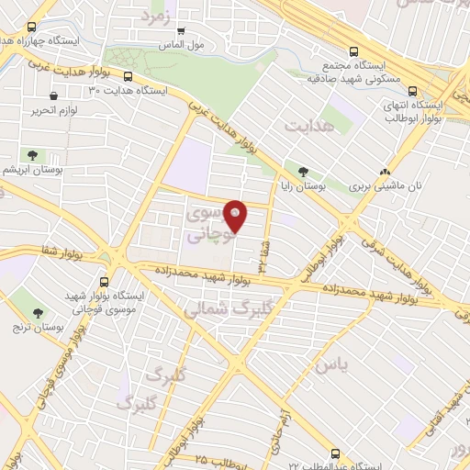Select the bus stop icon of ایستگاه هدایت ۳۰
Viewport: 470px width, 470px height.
pyautogui.click(x=128, y=77)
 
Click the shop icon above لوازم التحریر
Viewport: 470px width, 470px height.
pyautogui.click(x=54, y=95)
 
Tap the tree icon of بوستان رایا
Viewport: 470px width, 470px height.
pyautogui.click(x=302, y=170)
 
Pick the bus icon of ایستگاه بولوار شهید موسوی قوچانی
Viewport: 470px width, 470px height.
pyautogui.click(x=104, y=282)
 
